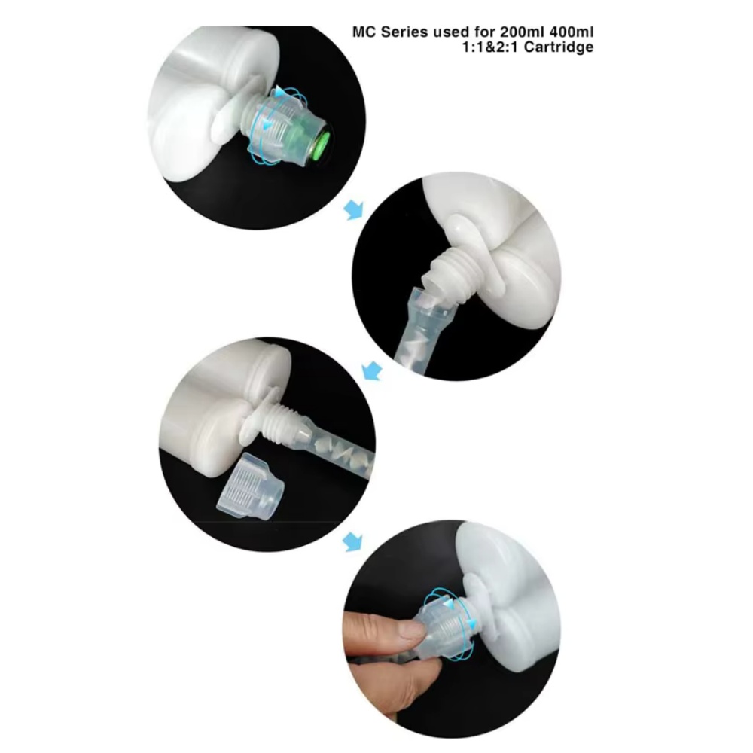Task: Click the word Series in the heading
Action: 404,32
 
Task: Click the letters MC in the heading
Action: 364,32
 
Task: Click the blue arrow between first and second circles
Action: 355,209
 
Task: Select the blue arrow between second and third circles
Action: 372,370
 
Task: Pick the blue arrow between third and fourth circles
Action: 353,541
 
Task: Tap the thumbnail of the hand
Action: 412,629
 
